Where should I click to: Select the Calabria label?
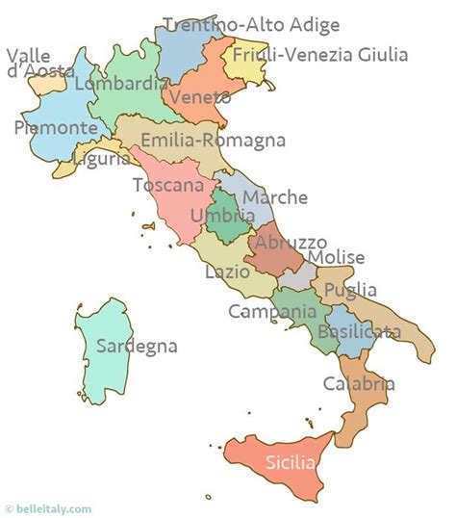[x=358, y=383]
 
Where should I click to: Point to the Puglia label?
[x=350, y=290]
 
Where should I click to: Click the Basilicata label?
[x=362, y=332]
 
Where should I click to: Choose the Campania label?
[x=272, y=312]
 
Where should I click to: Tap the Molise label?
[x=336, y=257]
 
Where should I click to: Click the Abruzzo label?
[x=291, y=243]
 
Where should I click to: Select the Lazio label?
[x=228, y=272]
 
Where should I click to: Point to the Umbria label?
[x=222, y=217]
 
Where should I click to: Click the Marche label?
[x=275, y=197]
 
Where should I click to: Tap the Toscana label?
[x=168, y=185]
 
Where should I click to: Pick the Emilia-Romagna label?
[x=213, y=141]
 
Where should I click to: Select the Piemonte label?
[x=56, y=127]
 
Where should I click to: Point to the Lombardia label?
[x=120, y=84]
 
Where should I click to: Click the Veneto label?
[x=199, y=97]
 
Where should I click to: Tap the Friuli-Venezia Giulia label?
[x=320, y=55]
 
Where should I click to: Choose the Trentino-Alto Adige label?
[x=251, y=25]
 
